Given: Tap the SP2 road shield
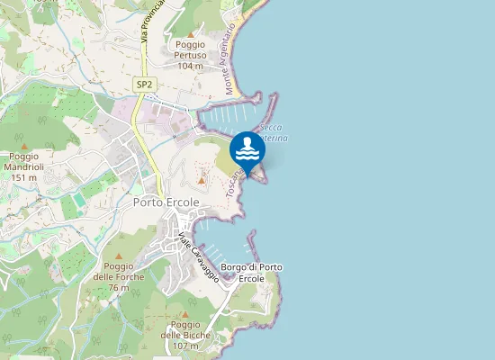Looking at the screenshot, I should click(x=144, y=85).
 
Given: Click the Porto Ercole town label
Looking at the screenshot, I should click(x=166, y=202).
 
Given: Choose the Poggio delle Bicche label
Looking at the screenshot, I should click(x=185, y=329).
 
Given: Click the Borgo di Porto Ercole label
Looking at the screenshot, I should click(x=252, y=273).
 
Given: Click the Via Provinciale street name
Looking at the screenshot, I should click(x=153, y=20).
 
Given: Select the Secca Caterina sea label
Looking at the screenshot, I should click(x=273, y=133).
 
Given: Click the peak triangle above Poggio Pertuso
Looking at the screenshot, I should click(x=191, y=33).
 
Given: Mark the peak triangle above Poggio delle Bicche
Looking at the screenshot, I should click(x=185, y=313).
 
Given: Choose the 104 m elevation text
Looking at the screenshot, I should click(x=191, y=66).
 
